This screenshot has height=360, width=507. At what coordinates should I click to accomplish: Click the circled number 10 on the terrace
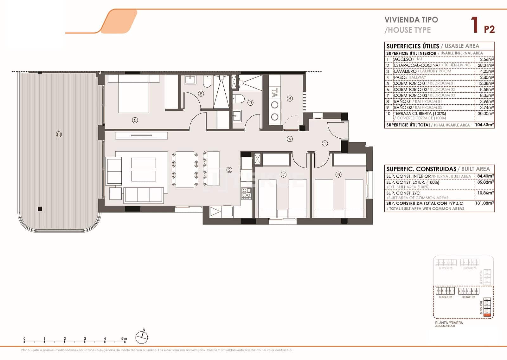59,134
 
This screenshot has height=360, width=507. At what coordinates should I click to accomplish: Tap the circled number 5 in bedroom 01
135,120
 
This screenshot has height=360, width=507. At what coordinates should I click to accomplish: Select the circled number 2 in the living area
229,170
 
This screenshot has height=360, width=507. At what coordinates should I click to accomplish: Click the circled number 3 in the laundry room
290,99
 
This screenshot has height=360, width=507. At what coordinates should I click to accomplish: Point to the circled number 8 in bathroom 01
201,94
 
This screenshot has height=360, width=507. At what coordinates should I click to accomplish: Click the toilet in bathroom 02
238,99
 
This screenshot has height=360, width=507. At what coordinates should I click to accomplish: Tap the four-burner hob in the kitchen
246,193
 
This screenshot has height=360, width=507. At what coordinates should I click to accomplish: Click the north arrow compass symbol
142,337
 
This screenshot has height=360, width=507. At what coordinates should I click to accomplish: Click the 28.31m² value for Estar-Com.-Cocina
485,65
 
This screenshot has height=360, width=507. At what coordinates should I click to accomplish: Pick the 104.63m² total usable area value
485,125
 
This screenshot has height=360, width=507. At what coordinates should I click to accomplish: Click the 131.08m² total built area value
485,203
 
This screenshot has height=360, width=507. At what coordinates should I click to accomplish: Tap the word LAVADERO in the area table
405,71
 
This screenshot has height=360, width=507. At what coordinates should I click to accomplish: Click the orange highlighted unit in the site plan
488,315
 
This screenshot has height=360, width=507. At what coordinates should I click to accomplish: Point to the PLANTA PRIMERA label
449,323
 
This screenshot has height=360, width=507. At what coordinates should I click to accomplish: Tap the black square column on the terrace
40,209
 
